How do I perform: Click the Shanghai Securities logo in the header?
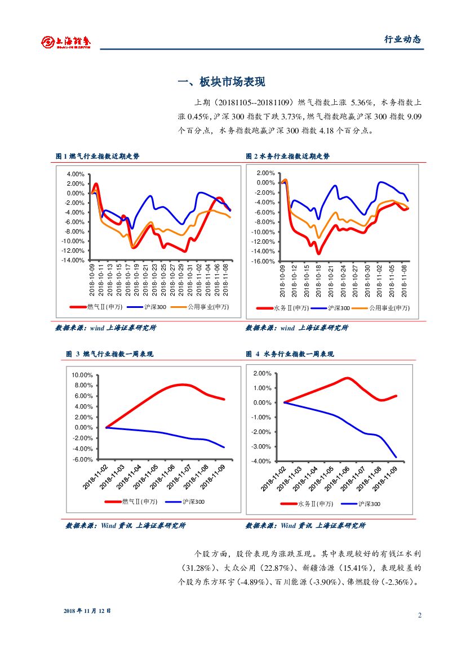tap(66, 41)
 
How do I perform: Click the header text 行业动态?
tap(402, 39)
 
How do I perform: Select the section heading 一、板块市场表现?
tap(221, 82)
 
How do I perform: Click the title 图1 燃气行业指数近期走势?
tap(97, 156)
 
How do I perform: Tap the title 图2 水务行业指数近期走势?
tap(287, 156)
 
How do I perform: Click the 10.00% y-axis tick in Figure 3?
tap(82, 375)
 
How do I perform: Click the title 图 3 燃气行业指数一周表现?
tap(109, 354)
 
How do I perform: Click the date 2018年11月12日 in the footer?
tap(87, 611)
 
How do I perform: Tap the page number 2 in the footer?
tap(420, 615)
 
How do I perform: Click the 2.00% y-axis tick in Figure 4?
tap(263, 374)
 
